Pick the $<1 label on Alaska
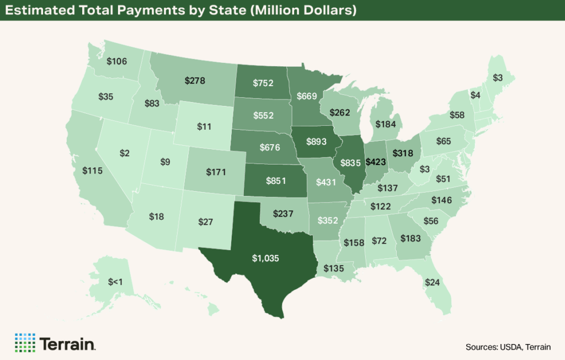point(115,282)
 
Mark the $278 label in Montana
point(194,81)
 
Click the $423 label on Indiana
point(376,163)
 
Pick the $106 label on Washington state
point(117,61)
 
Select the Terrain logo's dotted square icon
point(25,343)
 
